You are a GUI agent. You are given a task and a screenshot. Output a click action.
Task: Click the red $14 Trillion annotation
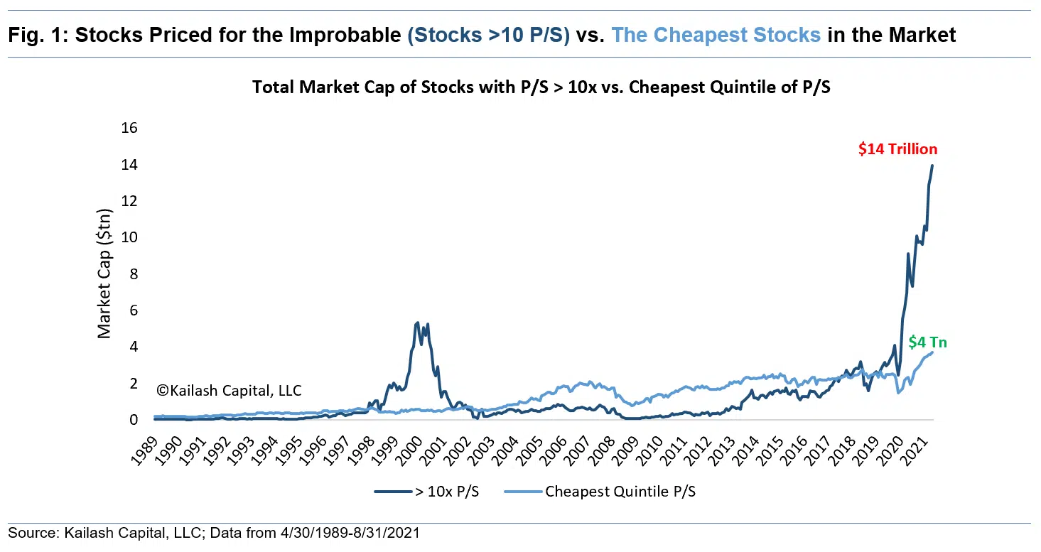click(897, 149)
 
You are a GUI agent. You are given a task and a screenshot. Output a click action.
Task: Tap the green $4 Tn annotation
click(927, 342)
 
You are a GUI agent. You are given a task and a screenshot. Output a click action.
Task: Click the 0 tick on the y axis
click(132, 420)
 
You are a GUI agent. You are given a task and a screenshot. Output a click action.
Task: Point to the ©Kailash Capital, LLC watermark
click(229, 391)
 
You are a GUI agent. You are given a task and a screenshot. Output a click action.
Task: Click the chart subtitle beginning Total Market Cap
click(521, 88)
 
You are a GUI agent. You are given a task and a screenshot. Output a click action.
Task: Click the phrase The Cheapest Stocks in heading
click(716, 36)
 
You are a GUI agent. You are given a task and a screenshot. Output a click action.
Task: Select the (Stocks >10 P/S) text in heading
click(489, 36)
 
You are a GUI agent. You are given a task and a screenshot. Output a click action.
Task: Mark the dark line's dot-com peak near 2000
click(417, 323)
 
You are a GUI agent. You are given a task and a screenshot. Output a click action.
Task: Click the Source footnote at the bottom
click(214, 533)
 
